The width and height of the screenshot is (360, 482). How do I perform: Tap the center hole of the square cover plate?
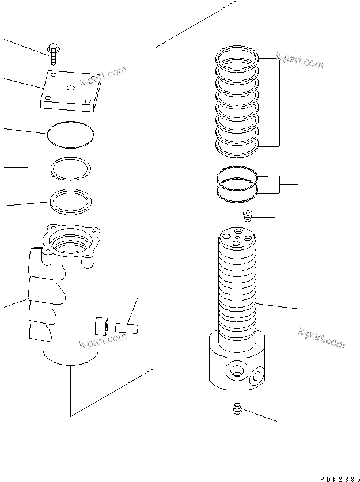(x=71, y=87)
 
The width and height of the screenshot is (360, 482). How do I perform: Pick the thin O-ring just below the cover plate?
(x=71, y=134)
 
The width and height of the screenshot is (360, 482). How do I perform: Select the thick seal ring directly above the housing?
(x=71, y=200)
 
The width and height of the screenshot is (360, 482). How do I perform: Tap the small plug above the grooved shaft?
(x=248, y=217)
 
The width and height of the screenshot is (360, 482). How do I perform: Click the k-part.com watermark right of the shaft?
(x=321, y=337)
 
